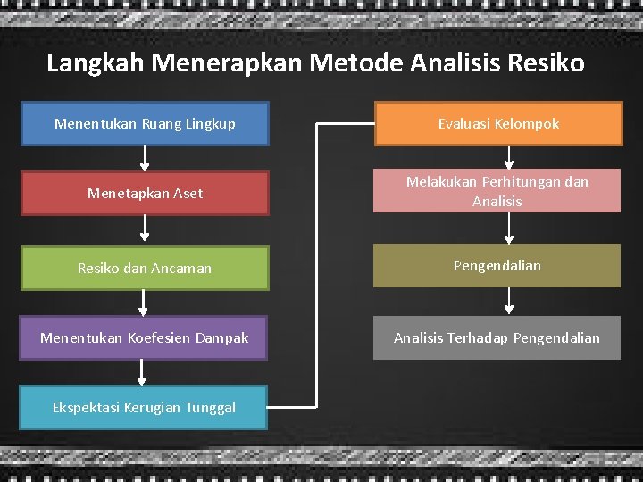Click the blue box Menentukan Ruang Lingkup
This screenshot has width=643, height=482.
click(145, 124)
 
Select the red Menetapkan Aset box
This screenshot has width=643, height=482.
click(145, 194)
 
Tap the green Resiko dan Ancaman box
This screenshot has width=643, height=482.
click(145, 267)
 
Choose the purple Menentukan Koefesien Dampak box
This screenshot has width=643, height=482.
click(145, 338)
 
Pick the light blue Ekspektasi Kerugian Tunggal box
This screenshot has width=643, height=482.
click(145, 407)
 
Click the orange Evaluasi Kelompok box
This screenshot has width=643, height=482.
click(497, 124)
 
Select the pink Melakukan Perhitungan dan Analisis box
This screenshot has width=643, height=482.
click(497, 192)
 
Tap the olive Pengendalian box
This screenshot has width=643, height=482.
click(497, 266)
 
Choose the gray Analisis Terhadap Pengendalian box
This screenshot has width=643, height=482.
click(497, 338)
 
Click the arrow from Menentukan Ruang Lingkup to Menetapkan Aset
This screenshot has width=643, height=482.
click(145, 158)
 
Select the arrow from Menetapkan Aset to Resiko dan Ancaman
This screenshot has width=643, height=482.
click(145, 230)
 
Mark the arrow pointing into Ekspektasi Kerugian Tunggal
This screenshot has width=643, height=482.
click(145, 372)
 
